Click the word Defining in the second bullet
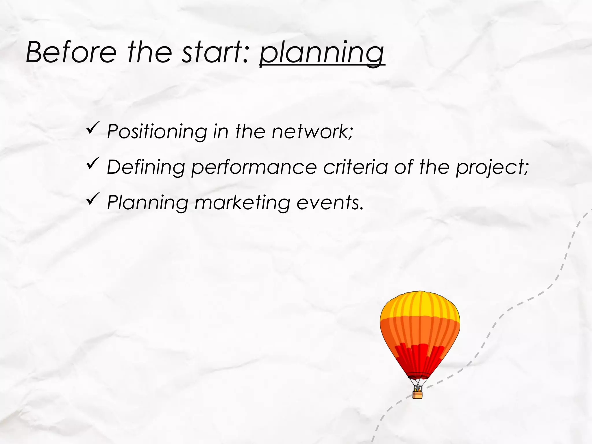(146, 167)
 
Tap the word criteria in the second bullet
(356, 167)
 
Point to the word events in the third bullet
(329, 203)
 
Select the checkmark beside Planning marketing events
(93, 199)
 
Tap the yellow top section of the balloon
(420, 305)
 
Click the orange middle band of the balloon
(420, 330)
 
